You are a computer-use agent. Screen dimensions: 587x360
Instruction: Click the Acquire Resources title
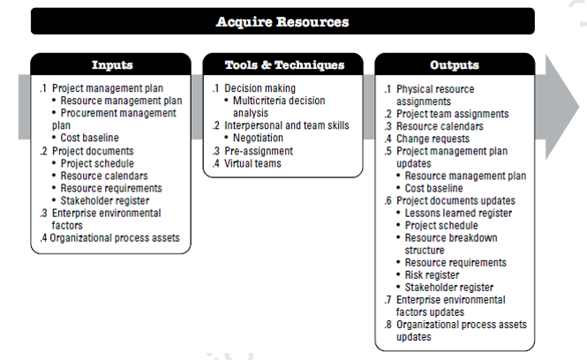point(282,22)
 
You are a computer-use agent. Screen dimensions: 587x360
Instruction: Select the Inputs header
point(112,64)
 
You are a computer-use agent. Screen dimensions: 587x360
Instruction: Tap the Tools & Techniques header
point(284,64)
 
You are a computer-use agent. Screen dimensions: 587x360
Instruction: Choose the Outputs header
point(455,64)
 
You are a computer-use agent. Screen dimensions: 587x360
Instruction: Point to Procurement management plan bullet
point(114,119)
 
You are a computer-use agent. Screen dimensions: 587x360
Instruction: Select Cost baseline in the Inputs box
point(89,138)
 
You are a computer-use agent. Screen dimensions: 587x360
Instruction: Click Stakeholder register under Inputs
point(105,200)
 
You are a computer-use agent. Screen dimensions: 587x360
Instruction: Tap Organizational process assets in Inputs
point(115,238)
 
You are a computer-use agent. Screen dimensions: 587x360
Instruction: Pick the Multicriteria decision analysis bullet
point(279,107)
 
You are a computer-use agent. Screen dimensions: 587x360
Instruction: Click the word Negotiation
point(258,138)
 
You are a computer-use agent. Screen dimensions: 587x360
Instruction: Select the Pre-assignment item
point(259,151)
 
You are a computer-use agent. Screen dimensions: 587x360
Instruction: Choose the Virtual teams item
point(252,163)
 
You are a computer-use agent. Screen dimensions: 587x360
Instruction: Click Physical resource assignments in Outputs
point(435,95)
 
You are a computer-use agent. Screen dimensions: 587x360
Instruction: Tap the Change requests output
point(433,139)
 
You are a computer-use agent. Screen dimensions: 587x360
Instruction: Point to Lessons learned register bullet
point(458,213)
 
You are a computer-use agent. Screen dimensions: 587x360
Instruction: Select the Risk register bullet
point(432,275)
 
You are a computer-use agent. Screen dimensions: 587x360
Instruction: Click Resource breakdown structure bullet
point(451,244)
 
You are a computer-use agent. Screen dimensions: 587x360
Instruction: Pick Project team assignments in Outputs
point(453,114)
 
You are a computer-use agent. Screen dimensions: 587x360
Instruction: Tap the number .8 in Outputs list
point(388,325)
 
